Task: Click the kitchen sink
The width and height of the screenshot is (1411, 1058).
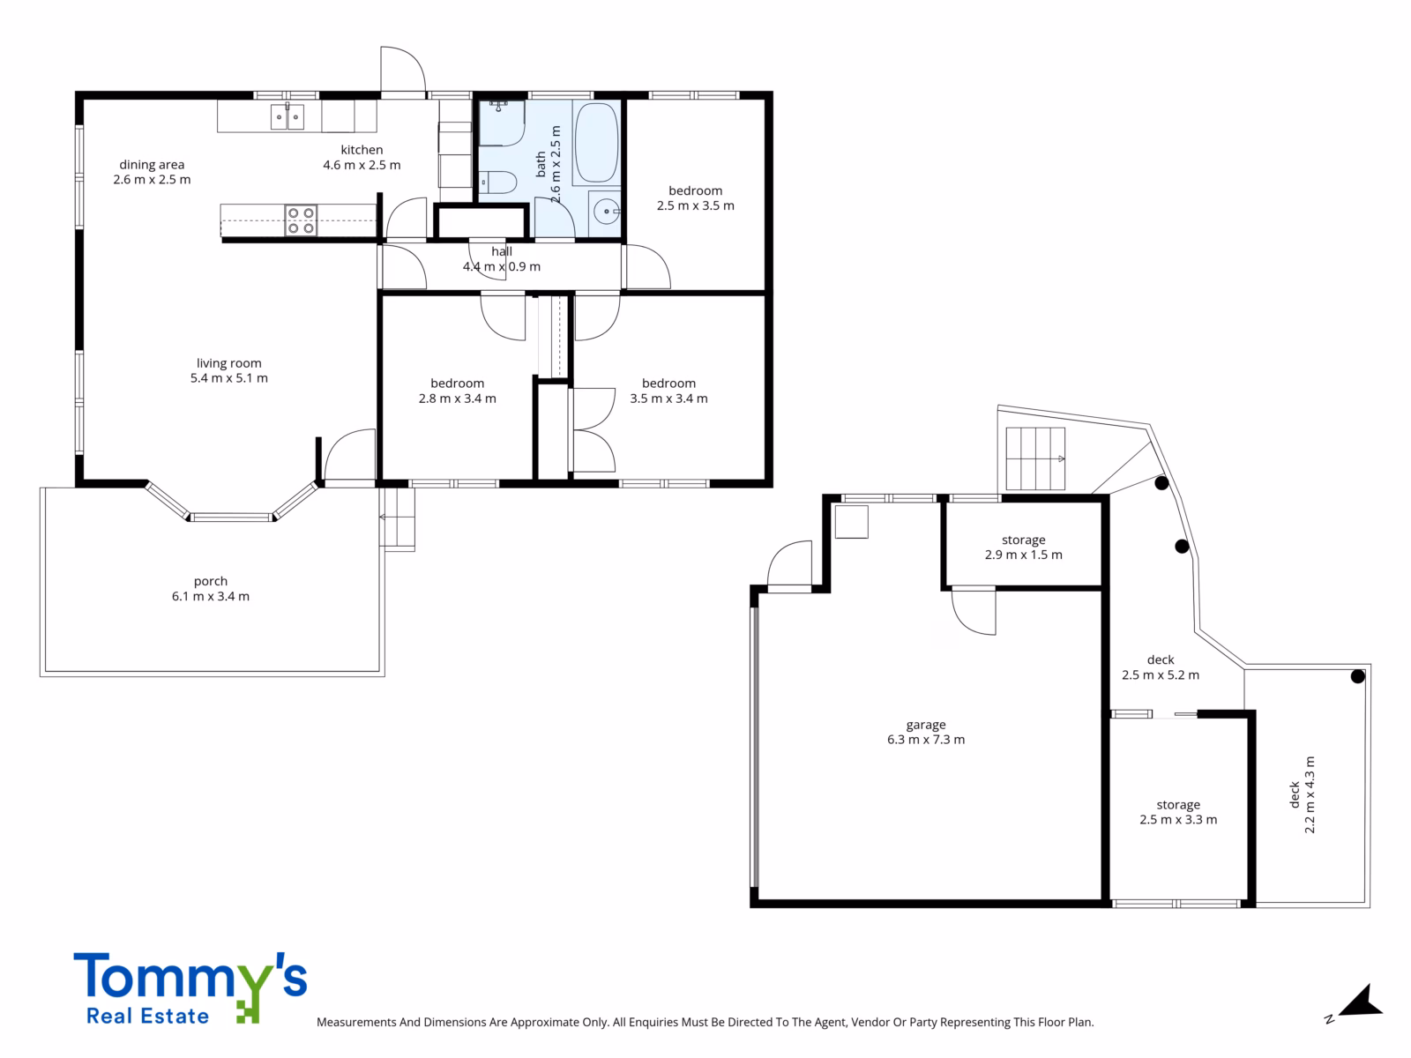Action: [287, 117]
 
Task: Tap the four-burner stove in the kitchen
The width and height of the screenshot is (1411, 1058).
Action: [301, 220]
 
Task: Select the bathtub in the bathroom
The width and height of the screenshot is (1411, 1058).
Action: [596, 143]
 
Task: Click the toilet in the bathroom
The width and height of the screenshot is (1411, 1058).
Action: [497, 182]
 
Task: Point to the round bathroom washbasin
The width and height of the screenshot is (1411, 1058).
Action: [606, 212]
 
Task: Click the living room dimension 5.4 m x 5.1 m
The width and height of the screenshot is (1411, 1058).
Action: [228, 378]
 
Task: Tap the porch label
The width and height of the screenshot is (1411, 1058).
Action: [211, 581]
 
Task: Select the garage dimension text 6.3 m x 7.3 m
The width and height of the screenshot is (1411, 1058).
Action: [926, 740]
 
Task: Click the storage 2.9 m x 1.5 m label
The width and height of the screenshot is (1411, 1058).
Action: [1023, 548]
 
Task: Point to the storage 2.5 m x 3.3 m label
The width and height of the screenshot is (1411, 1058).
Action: [1178, 812]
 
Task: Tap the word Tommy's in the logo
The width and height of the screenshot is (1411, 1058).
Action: [190, 978]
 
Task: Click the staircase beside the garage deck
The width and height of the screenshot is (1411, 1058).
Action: [1035, 458]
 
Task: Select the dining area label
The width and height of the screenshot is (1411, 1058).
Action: [152, 165]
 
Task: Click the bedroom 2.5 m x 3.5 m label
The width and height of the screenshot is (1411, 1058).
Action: [696, 197]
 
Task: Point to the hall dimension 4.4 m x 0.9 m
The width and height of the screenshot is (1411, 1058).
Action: [502, 266]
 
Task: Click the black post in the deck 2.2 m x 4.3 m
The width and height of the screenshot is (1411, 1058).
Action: [1357, 676]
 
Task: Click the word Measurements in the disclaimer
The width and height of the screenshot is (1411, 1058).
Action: [356, 1022]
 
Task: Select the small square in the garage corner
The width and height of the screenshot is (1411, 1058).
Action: [852, 522]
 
